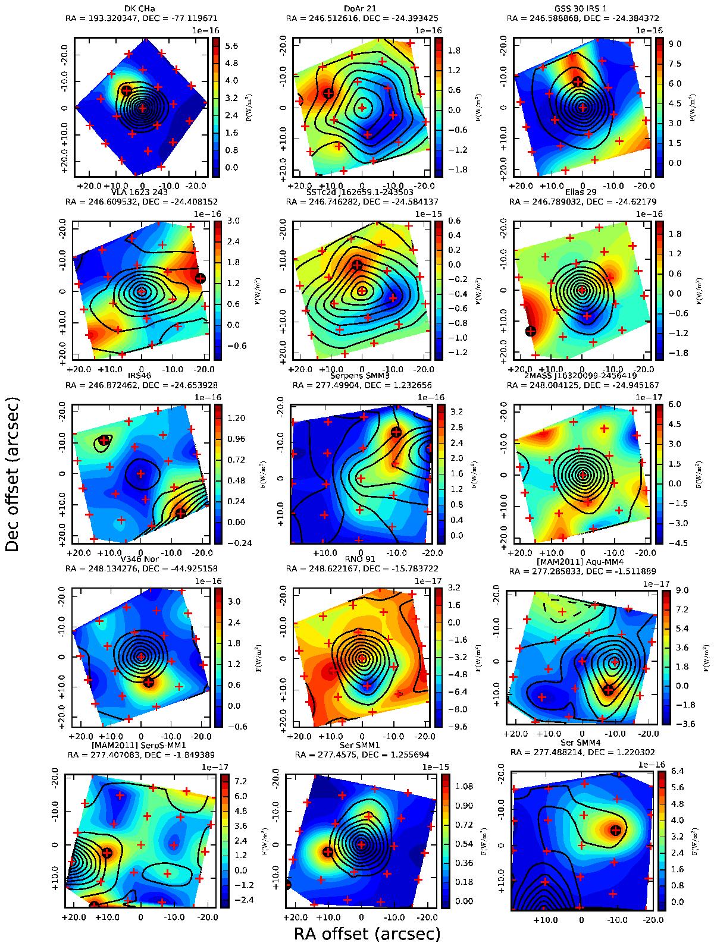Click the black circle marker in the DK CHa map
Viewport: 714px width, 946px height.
click(x=126, y=90)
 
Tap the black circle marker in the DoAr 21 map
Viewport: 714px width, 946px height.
click(x=328, y=93)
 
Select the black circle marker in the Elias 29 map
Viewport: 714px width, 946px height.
click(x=531, y=331)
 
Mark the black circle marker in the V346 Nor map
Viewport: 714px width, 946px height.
click(x=149, y=682)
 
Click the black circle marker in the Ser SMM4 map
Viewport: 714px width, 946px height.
click(x=616, y=829)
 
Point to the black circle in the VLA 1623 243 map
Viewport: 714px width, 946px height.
click(x=201, y=278)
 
